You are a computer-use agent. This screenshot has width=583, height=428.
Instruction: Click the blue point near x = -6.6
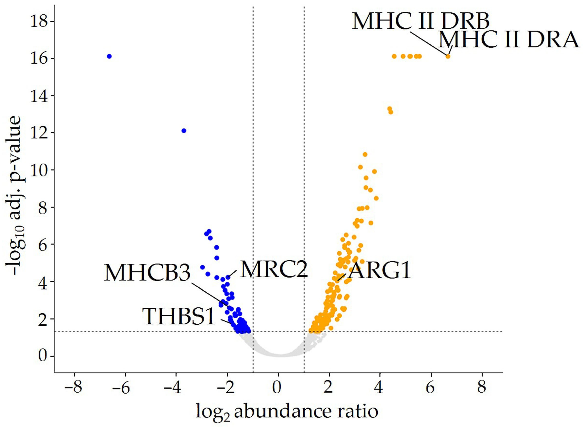(x=109, y=56)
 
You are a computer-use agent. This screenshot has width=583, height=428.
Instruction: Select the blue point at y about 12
(x=184, y=131)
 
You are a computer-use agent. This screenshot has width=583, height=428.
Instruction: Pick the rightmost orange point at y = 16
(x=448, y=56)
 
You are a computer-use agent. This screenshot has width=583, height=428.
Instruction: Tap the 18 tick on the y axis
(x=39, y=22)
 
